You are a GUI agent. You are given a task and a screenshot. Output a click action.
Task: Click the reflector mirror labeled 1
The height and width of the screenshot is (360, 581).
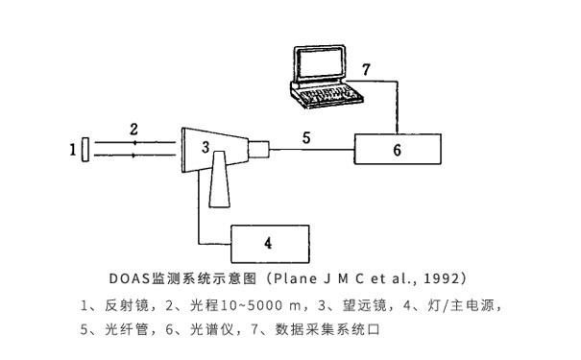pyautogui.click(x=86, y=150)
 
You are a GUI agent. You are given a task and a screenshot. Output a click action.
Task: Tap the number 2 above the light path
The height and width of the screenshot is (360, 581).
pyautogui.click(x=134, y=128)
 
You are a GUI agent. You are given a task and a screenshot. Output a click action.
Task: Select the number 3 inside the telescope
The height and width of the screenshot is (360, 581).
pyautogui.click(x=205, y=147)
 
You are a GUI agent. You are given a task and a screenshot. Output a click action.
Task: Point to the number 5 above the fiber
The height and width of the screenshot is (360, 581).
pyautogui.click(x=306, y=137)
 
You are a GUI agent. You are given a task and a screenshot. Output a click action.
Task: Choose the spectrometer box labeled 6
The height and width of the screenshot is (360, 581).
pyautogui.click(x=398, y=149)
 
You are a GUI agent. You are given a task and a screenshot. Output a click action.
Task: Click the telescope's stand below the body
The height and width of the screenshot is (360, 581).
pyautogui.click(x=218, y=186)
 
